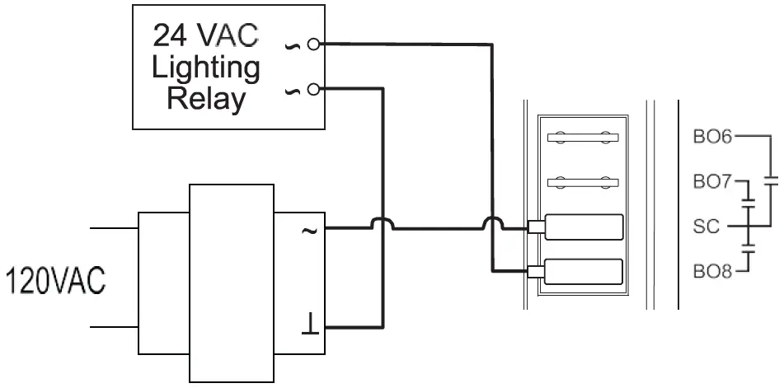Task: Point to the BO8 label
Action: point(712,270)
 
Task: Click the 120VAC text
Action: point(55,281)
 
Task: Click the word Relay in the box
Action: point(206,99)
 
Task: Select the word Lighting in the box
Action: point(206,67)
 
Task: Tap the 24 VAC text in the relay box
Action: point(206,35)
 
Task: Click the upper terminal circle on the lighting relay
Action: point(312,43)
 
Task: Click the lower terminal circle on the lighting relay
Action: point(312,89)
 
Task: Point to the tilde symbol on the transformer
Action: point(309,231)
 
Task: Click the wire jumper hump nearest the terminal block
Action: point(492,222)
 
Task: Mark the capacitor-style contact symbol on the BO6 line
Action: point(772,181)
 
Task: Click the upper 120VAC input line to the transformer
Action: point(113,227)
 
